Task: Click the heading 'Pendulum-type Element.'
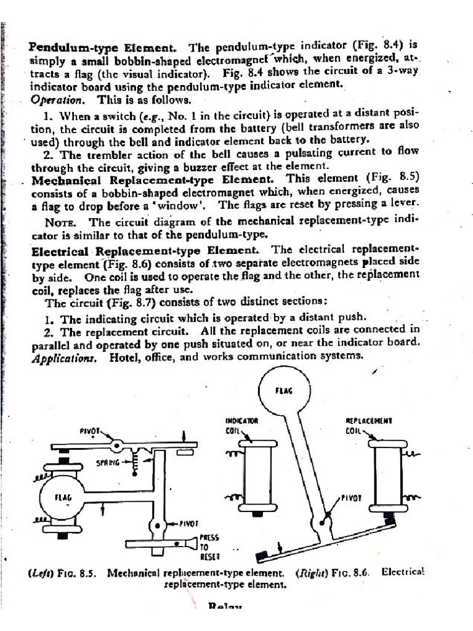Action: pyautogui.click(x=103, y=47)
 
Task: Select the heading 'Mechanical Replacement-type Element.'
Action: pyautogui.click(x=152, y=180)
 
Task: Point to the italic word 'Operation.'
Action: pyautogui.click(x=56, y=100)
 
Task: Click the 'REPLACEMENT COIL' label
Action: pyautogui.click(x=368, y=426)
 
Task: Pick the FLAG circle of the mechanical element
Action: pyautogui.click(x=63, y=497)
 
